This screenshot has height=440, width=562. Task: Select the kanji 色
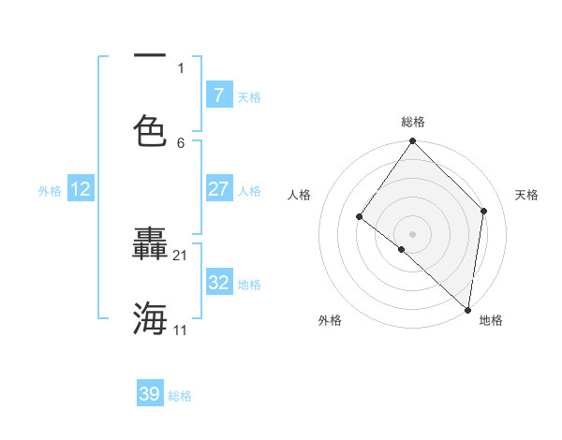150,129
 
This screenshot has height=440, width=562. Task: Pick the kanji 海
150,318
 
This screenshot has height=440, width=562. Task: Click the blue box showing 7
218,95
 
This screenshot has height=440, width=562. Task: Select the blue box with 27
218,189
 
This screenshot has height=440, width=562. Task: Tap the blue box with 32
218,283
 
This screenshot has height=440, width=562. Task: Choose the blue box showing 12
80,190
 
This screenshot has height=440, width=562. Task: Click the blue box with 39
150,394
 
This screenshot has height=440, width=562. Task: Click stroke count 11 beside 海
181,330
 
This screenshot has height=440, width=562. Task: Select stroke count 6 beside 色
181,142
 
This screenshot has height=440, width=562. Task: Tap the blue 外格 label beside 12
50,191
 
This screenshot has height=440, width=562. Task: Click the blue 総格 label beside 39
180,396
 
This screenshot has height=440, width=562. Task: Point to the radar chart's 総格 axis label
412,122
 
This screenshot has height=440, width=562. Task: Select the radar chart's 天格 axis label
526,195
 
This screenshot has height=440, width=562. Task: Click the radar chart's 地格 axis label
491,320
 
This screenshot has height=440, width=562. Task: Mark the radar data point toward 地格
467,310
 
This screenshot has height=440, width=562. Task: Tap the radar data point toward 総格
412,141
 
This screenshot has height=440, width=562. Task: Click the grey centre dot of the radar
412,233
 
